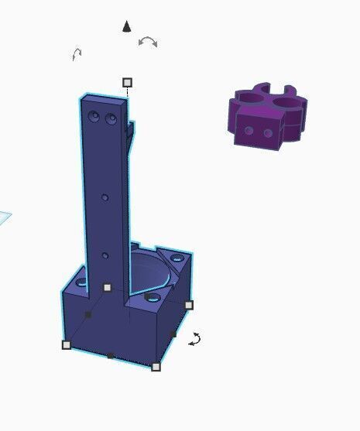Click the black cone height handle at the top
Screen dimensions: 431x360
[x=127, y=27]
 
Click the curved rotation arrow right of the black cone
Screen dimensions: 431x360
[x=147, y=41]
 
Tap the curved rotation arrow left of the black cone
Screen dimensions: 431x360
[x=77, y=54]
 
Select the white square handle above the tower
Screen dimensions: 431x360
[x=128, y=82]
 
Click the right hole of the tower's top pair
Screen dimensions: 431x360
[x=111, y=121]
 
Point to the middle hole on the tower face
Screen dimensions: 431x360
[x=106, y=197]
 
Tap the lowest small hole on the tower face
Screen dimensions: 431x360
[x=105, y=255]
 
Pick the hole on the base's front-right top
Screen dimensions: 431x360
[x=153, y=297]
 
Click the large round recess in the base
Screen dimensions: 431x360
[x=147, y=272]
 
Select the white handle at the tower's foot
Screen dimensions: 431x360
[x=107, y=288]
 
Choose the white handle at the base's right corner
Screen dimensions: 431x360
[x=188, y=305]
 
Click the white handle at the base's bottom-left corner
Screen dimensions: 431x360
[x=67, y=344]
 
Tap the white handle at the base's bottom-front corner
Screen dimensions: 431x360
[x=156, y=367]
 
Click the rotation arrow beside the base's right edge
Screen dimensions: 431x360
[x=196, y=339]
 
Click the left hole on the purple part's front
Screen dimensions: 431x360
[x=248, y=130]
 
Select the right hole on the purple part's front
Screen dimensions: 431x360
[x=268, y=134]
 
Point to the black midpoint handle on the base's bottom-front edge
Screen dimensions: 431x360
[x=111, y=356]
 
